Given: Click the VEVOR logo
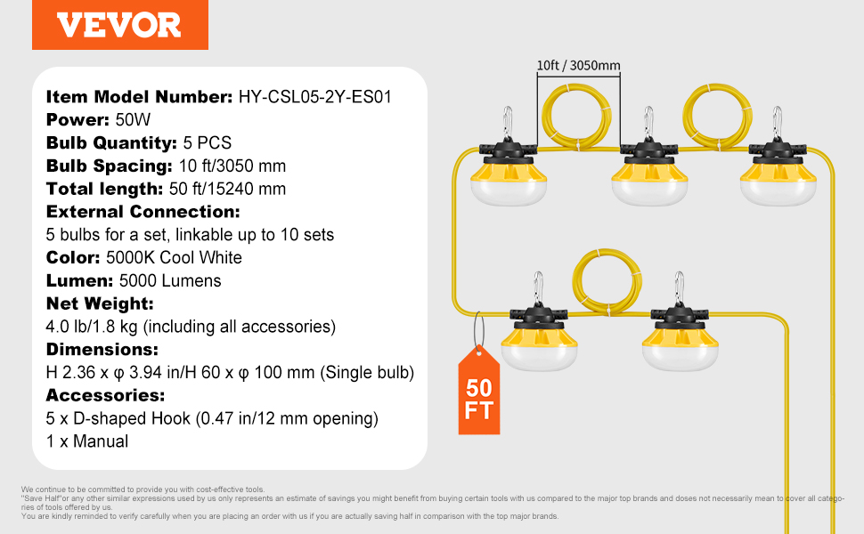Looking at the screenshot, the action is pyautogui.click(x=119, y=25).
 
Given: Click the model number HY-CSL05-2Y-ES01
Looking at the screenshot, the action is pyautogui.click(x=314, y=97).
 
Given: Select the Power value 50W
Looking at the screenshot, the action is pyautogui.click(x=133, y=120).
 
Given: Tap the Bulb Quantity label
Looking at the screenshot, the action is pyautogui.click(x=111, y=143).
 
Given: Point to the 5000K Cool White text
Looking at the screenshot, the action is pyautogui.click(x=174, y=257).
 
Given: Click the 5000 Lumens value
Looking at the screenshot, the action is pyautogui.click(x=170, y=280).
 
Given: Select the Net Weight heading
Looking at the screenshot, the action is pyautogui.click(x=100, y=303).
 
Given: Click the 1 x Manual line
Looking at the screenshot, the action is pyautogui.click(x=87, y=441).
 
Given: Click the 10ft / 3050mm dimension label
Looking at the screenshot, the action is pyautogui.click(x=579, y=66).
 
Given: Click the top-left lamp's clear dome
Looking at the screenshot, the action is pyautogui.click(x=508, y=192).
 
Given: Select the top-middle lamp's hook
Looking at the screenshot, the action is pyautogui.click(x=648, y=121).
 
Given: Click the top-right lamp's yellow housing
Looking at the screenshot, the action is pyautogui.click(x=778, y=170).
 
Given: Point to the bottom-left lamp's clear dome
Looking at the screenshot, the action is pyautogui.click(x=539, y=357).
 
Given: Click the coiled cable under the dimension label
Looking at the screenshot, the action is pyautogui.click(x=576, y=117).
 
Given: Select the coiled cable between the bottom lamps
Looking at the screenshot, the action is pyautogui.click(x=607, y=282).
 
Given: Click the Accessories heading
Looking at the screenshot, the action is pyautogui.click(x=105, y=395).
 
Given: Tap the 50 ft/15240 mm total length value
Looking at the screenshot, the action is pyautogui.click(x=227, y=189).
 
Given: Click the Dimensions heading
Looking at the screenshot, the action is pyautogui.click(x=102, y=350).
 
